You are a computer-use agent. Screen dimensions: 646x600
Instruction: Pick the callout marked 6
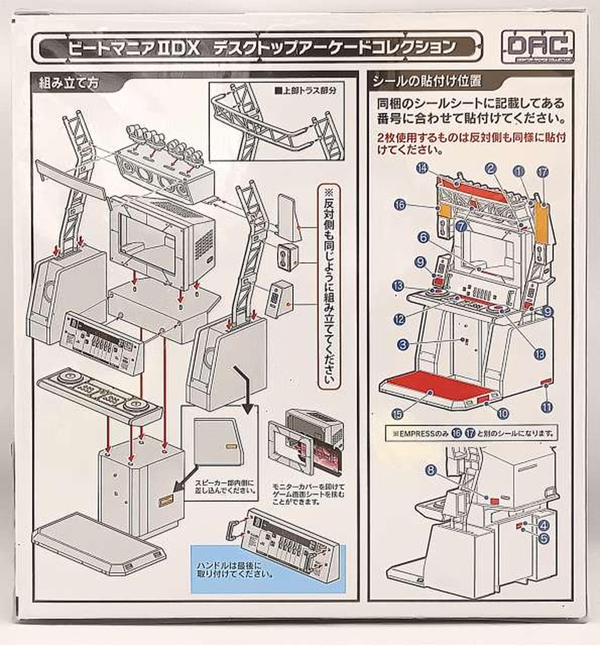(x=423, y=237)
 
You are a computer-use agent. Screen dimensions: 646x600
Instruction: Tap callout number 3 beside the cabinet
(x=402, y=345)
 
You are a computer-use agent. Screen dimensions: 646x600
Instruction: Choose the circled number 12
(x=400, y=319)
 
